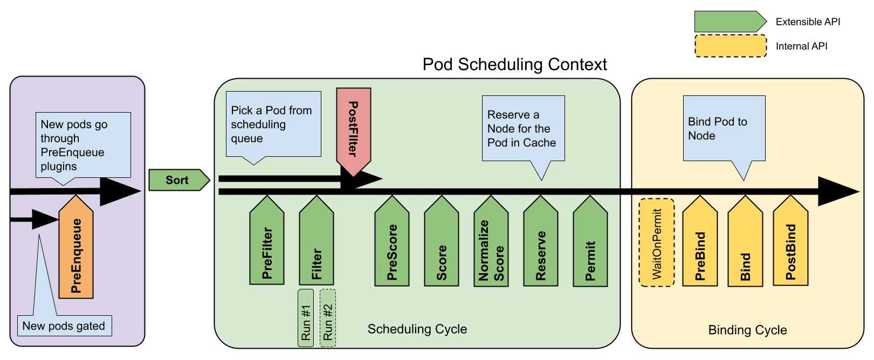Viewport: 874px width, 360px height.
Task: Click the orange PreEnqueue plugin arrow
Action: point(76,251)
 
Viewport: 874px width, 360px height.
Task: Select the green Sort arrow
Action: point(177,180)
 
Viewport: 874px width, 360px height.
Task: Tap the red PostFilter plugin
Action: point(353,129)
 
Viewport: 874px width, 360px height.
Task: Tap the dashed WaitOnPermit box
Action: point(657,243)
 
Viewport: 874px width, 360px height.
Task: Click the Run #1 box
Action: point(306,317)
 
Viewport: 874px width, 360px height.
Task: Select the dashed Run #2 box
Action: point(328,317)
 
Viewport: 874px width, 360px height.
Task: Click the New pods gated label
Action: point(64,326)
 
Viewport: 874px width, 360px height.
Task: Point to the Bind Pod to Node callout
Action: point(724,128)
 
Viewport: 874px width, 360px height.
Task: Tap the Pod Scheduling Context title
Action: point(514,65)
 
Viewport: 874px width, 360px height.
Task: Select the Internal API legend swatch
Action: point(731,46)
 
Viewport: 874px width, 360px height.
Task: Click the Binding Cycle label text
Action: point(747,330)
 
